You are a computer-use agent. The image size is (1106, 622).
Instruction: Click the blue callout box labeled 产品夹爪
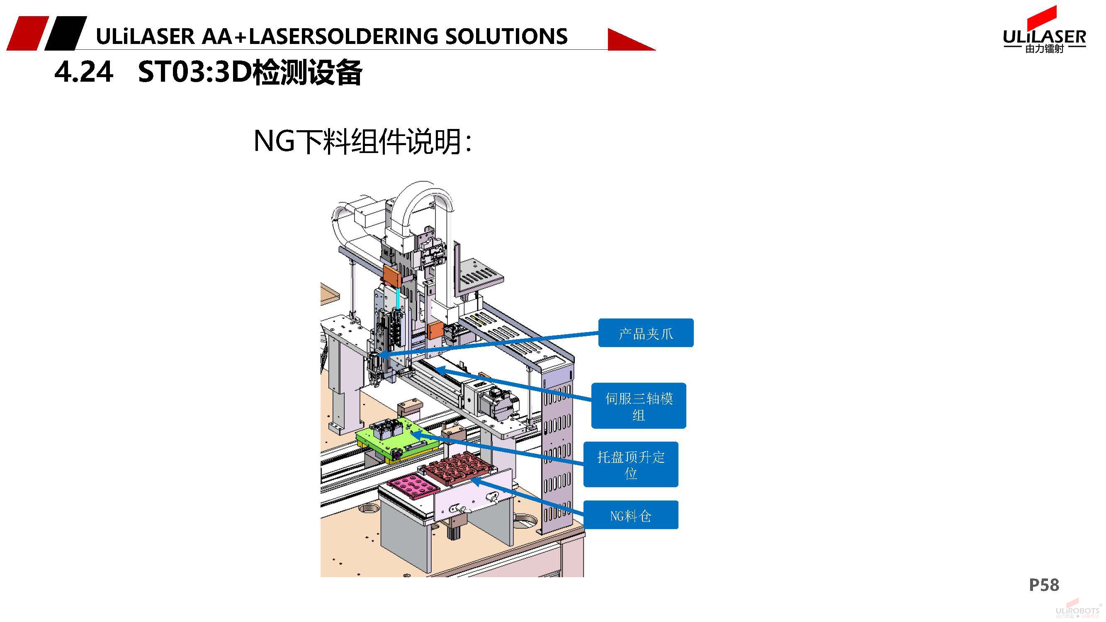point(645,333)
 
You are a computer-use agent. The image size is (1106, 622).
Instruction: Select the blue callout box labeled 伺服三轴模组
point(639,406)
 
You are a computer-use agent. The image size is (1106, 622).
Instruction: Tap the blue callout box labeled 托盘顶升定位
point(630,464)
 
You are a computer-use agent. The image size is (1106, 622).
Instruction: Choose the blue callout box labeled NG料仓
point(630,515)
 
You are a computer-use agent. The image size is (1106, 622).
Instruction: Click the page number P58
point(1044,585)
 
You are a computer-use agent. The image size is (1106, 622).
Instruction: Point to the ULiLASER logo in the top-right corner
point(1044,32)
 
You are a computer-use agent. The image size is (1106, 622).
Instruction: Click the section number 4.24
point(84,72)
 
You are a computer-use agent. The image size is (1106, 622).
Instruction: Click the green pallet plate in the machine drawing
point(397,440)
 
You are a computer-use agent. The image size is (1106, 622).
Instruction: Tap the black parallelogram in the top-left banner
point(65,33)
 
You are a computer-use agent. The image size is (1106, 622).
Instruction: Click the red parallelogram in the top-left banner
point(27,33)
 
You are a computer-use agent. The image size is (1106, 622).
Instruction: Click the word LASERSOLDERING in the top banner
point(343,36)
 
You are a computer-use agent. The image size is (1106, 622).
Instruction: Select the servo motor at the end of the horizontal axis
point(498,401)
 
